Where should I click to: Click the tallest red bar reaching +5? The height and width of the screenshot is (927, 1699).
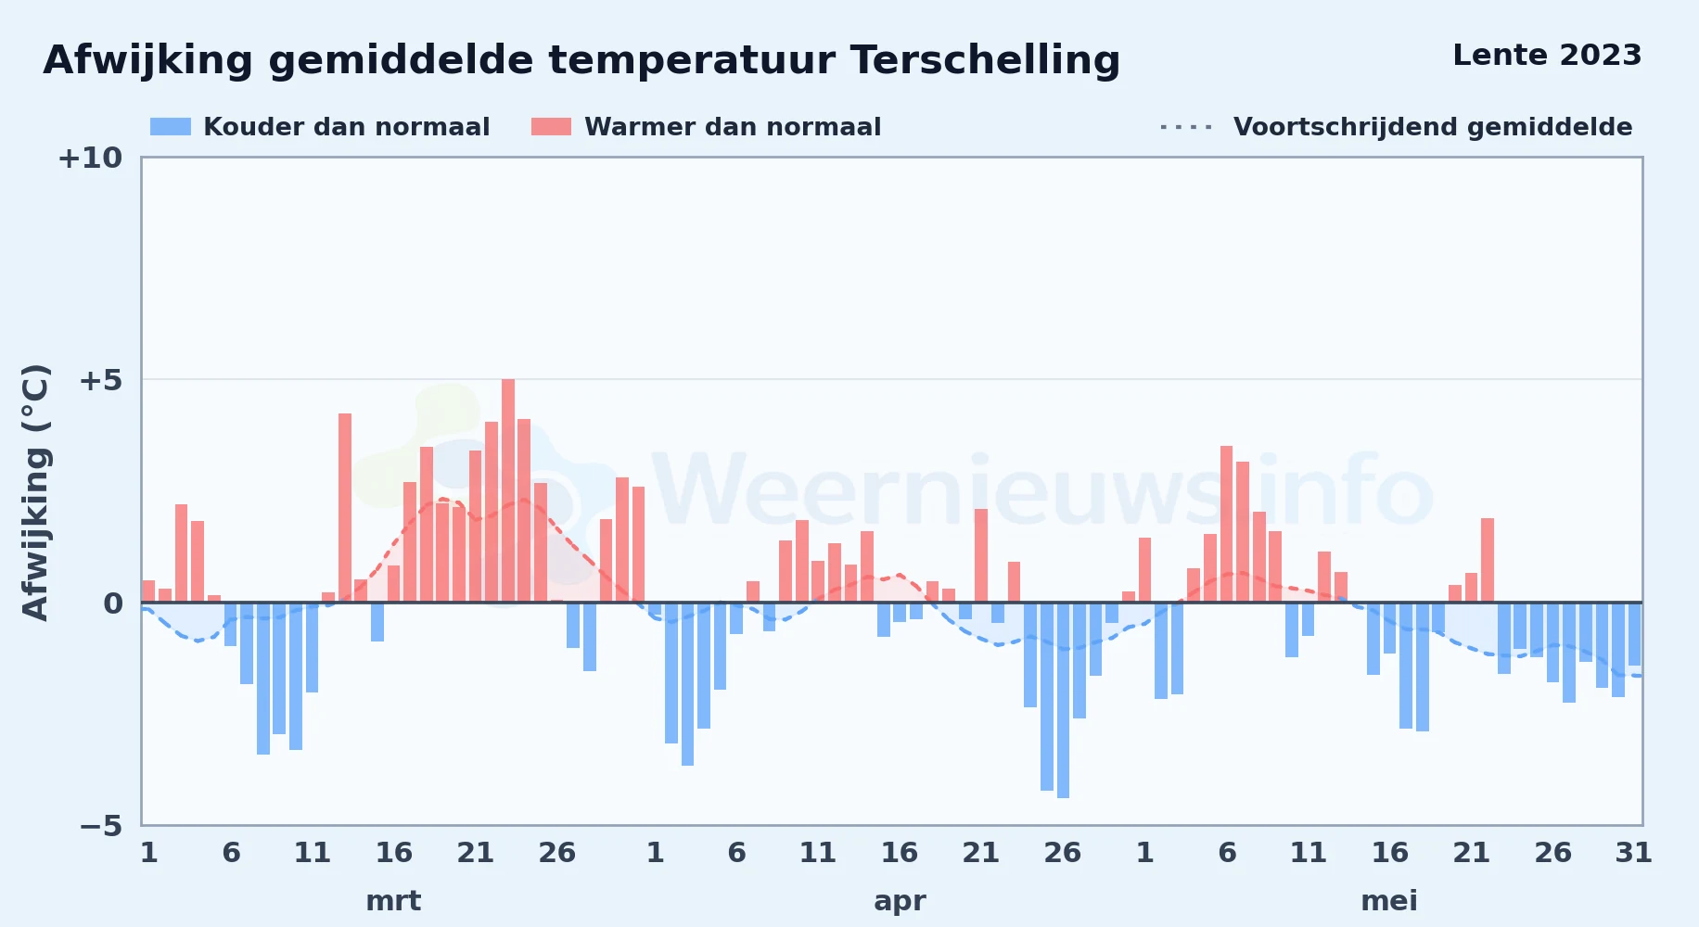[508, 490]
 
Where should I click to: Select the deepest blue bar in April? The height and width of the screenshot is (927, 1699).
[1063, 700]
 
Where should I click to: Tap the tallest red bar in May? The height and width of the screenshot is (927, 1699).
[1226, 524]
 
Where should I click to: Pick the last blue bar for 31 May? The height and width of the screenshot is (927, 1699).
[1634, 634]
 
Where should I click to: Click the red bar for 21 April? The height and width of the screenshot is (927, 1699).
[981, 555]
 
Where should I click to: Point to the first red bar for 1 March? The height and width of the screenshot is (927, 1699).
[148, 591]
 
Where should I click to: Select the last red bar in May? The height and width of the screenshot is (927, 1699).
[1488, 560]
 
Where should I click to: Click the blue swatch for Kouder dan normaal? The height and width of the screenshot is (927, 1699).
[171, 127]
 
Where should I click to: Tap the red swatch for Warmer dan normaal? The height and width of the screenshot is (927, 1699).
[551, 127]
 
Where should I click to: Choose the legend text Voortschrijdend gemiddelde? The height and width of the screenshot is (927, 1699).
[1433, 127]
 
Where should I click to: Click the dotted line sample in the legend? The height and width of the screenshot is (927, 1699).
[1186, 127]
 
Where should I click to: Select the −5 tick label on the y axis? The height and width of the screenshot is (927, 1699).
[101, 825]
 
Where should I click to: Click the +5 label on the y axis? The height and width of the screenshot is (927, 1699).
[101, 380]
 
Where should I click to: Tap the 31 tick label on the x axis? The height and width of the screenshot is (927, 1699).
[1634, 853]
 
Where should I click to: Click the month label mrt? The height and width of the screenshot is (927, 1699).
[393, 901]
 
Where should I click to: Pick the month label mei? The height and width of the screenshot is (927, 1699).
[1389, 901]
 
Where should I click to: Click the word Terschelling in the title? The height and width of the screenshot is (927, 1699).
[985, 61]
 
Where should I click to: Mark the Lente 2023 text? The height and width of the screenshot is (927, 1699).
[1547, 56]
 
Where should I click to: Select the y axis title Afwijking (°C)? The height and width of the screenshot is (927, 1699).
[35, 491]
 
